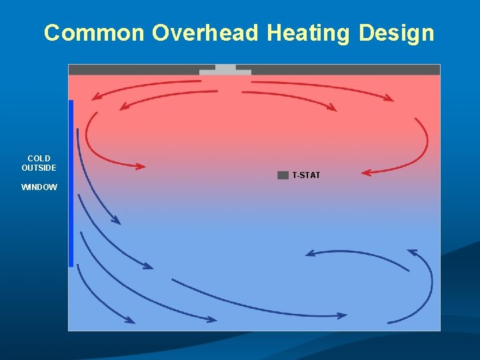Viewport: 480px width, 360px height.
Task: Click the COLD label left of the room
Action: (x=39, y=159)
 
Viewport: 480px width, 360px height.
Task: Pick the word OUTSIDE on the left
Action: (x=39, y=168)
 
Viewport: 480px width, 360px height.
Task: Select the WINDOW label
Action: (x=39, y=187)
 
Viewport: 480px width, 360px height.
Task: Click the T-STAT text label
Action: (x=306, y=175)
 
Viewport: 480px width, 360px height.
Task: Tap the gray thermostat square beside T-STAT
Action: (x=283, y=175)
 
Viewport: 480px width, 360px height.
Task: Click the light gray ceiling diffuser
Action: (x=225, y=70)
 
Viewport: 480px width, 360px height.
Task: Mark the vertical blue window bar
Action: (x=71, y=183)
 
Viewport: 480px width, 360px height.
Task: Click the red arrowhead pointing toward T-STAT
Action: (x=367, y=173)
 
